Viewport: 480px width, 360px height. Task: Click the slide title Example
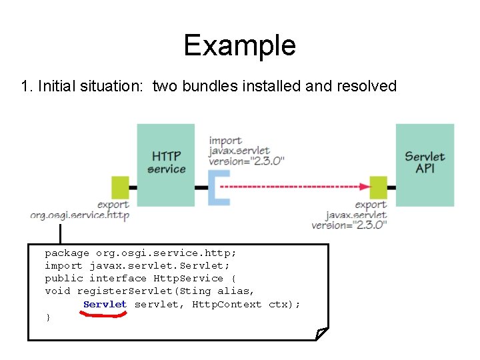coord(239,45)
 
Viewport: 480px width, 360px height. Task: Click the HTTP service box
coord(166,164)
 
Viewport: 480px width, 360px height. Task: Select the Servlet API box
coord(425,164)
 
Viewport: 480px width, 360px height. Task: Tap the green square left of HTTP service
coord(120,187)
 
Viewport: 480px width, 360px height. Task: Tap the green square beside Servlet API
coord(378,187)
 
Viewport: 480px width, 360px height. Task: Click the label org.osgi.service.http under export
coord(79,215)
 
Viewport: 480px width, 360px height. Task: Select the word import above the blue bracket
coord(225,141)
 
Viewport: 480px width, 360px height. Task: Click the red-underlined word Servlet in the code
coord(105,304)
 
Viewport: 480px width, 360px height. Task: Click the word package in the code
coord(67,253)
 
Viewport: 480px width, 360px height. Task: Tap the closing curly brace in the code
coord(47,317)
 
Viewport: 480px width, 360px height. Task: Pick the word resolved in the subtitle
coord(370,86)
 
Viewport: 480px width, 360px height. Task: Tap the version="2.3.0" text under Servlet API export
coord(349,225)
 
